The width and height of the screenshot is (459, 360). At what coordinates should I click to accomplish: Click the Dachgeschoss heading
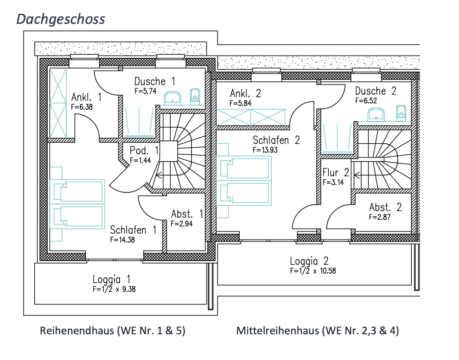61,19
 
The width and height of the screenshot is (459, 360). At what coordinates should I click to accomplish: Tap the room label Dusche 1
155,81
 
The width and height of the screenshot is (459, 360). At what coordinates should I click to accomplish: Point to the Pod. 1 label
144,151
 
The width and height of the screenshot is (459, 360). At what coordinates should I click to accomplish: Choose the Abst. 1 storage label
187,214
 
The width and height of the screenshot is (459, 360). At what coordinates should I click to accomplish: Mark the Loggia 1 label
112,279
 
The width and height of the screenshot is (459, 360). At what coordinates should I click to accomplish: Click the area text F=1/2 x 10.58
313,271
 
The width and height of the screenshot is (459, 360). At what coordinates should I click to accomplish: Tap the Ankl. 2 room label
246,94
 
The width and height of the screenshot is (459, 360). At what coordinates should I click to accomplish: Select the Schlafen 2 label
276,140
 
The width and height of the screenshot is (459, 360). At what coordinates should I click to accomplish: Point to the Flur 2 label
336,173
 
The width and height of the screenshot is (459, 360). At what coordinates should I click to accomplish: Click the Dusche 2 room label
375,90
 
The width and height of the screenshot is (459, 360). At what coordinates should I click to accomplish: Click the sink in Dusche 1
173,97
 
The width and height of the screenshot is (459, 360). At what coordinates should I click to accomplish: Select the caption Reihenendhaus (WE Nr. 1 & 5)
113,331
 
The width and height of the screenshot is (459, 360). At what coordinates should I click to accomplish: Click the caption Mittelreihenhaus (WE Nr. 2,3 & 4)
318,331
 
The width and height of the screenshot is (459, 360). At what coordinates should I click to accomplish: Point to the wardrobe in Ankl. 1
58,103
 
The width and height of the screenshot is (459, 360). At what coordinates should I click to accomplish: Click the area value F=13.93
265,150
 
